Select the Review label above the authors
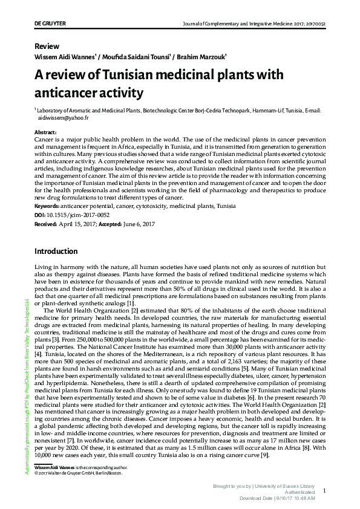(x=47, y=46)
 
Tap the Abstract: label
(x=46, y=132)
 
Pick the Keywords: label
(x=51, y=206)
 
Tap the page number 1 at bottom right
(x=324, y=491)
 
